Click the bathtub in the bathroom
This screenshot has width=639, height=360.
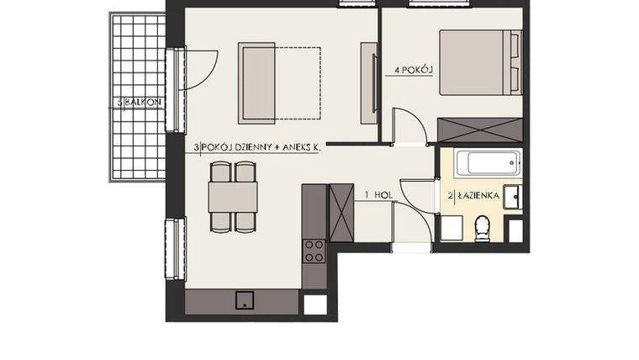point(488,162)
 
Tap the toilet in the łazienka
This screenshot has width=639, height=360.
point(483,227)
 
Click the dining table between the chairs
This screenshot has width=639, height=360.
point(233,197)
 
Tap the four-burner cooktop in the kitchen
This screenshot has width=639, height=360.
point(314,250)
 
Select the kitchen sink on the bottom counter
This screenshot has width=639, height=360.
point(245,300)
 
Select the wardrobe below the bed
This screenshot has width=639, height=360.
point(479,130)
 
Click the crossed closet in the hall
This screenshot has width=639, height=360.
point(342,212)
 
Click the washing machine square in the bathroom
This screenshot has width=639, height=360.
point(451,228)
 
